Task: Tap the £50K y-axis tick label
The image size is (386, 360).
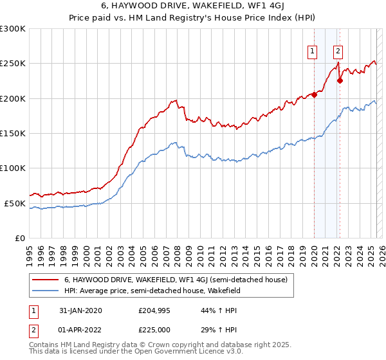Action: [x=15, y=203]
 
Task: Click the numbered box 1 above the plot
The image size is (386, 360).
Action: [x=313, y=52]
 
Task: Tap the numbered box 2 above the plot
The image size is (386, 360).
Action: [x=338, y=52]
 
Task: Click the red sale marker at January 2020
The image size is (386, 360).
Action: [x=315, y=94]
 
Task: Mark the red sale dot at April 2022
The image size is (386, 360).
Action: [x=340, y=81]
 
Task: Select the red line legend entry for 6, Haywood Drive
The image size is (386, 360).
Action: [x=179, y=280]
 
